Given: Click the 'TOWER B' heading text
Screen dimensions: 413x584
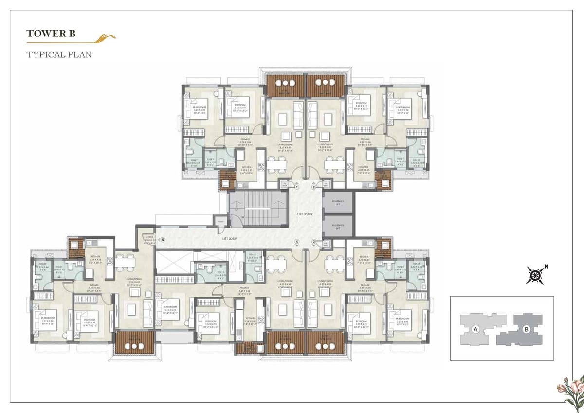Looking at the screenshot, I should tap(51, 34).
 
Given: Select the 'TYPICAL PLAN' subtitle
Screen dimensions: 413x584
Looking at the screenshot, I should tap(59, 54).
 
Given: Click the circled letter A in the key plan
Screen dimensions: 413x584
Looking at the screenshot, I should tap(474, 329).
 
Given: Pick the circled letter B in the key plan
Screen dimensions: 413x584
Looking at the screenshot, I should tap(526, 329).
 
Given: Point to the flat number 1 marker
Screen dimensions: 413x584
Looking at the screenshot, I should tap(297, 186).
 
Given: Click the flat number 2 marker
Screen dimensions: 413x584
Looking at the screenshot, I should tap(314, 186).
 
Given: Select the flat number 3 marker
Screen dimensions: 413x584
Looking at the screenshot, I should tap(314, 242).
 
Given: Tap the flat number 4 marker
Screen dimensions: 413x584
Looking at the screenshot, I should tap(297, 242).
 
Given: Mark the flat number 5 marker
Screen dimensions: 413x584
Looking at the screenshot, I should tap(163, 239).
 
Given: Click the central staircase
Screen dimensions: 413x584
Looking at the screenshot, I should tap(258, 208).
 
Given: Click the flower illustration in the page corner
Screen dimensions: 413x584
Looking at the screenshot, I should tap(571, 389).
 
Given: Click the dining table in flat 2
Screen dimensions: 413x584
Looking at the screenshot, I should tap(334, 164).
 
